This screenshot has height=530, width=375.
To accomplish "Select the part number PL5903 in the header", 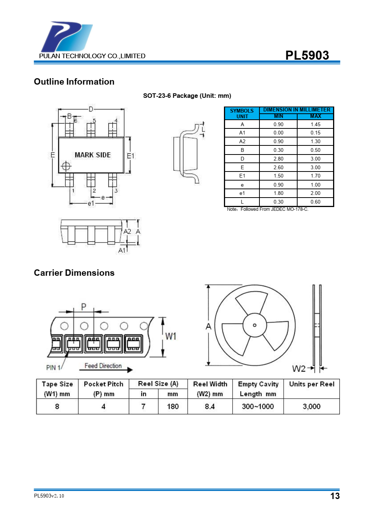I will pos(307,55).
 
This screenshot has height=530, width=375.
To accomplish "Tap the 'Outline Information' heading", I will pos(74,82).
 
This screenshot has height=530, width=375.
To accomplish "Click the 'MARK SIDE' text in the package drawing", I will pos(93,155).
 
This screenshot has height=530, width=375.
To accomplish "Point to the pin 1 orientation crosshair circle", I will pos(66,166).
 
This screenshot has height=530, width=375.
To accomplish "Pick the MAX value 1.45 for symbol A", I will pos(315,124).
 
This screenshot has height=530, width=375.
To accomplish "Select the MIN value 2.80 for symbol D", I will pos(278,159).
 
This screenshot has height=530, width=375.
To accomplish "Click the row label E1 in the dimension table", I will pos(242,176).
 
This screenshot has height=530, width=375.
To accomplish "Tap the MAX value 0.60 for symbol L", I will pos(315,202).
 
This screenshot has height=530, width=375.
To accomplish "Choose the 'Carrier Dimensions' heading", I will pos(74,273).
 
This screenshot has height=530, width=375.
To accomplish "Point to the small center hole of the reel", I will pos(255,325).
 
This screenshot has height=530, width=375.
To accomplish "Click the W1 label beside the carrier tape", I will pos(171,336).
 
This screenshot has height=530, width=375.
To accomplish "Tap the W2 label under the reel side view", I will pos(299,368).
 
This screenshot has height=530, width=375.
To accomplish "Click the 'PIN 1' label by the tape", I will pos(53,368).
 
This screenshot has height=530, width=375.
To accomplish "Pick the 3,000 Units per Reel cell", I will pos(312,406).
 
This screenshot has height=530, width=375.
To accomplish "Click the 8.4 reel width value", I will pos(210,406).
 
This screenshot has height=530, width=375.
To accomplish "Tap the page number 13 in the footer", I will pos(335,496).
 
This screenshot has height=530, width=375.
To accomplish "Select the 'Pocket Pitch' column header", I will pos(103,384).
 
